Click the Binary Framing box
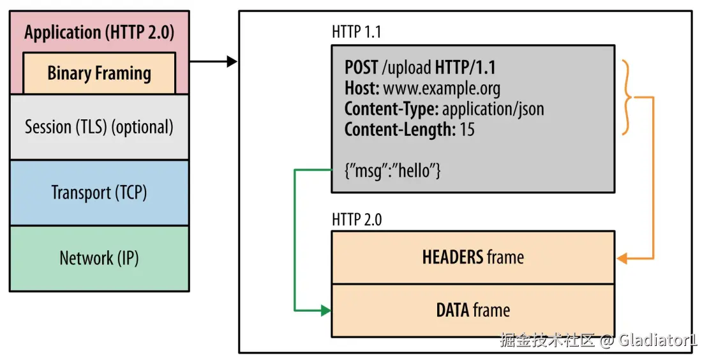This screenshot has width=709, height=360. [99, 73]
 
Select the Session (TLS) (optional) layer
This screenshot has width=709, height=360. [99, 127]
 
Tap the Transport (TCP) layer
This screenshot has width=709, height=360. [99, 192]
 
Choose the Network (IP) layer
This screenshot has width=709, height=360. [99, 258]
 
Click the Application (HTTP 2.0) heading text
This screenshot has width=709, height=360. [99, 33]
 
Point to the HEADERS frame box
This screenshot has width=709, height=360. [472, 257]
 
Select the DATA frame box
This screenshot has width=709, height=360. [472, 310]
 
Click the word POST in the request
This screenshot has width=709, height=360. [362, 67]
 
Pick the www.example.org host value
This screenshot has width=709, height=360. [442, 88]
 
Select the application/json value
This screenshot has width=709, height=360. [493, 109]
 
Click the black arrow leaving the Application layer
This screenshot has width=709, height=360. [213, 61]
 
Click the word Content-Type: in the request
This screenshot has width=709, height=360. [391, 109]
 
